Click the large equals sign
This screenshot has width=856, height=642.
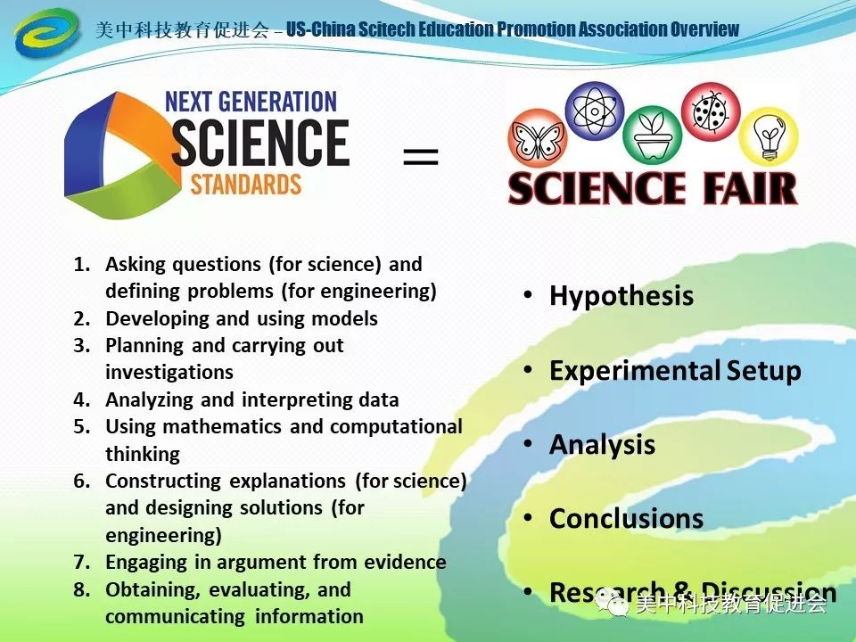point(421,158)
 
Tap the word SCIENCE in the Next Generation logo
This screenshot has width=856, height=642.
point(259,144)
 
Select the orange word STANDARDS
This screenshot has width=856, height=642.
point(246,185)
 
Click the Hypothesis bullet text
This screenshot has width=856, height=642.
point(621,296)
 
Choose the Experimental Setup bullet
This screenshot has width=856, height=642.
point(675,370)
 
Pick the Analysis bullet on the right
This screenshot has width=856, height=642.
point(602,444)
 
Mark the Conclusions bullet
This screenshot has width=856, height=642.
point(626,518)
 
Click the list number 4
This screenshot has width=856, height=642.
point(81,399)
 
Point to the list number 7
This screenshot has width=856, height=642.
point(81,563)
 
